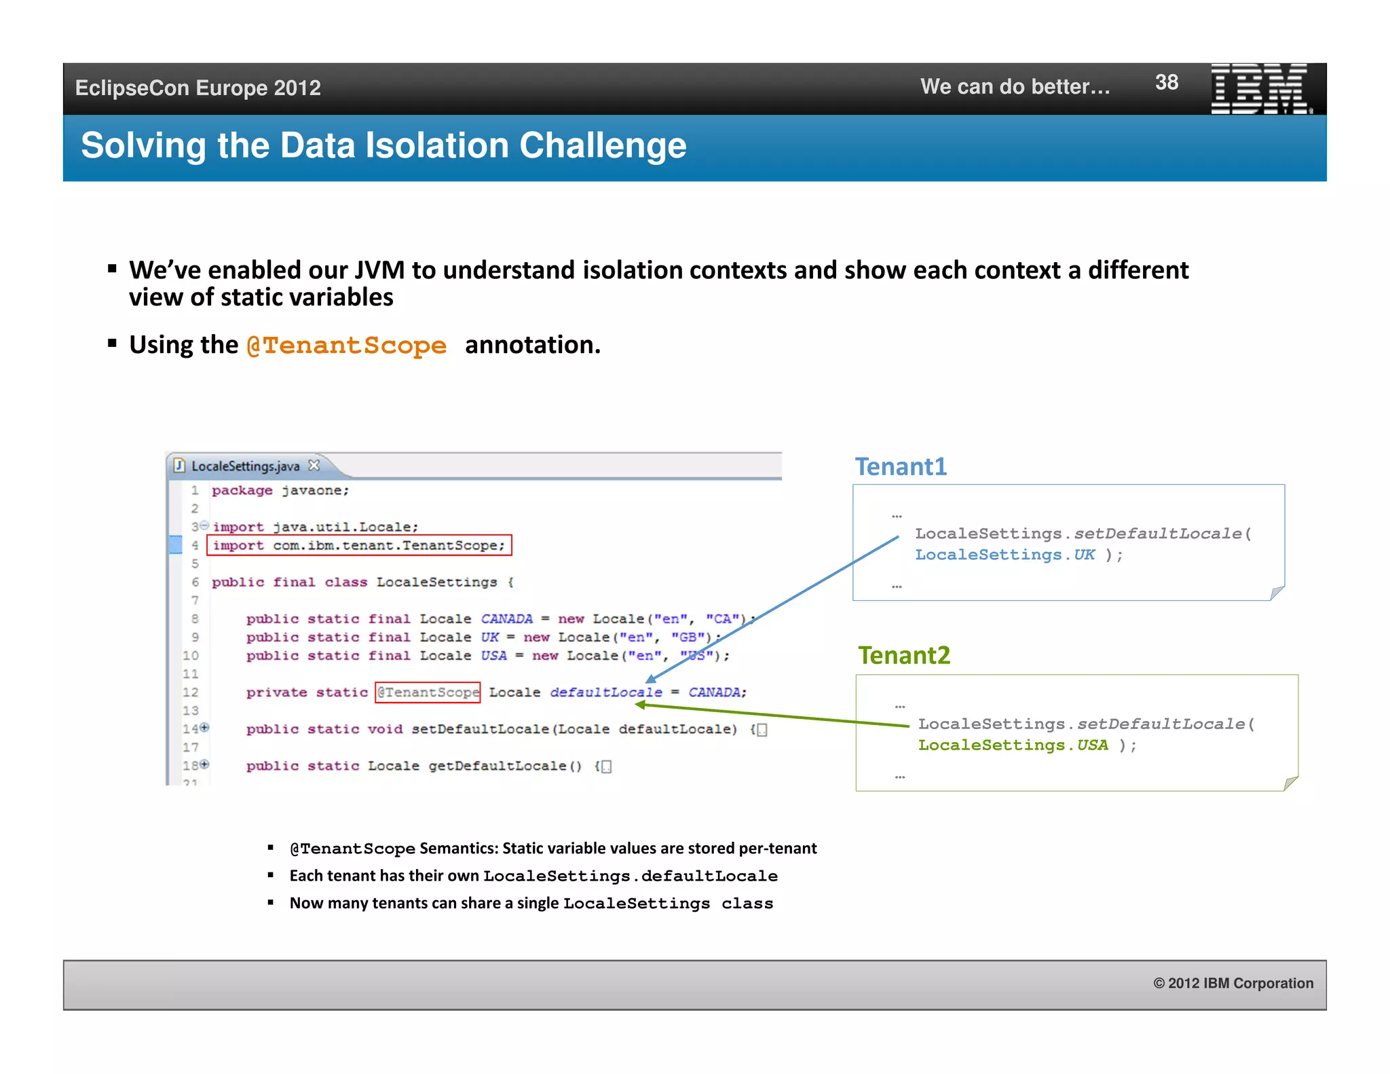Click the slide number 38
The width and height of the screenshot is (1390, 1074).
[1166, 82]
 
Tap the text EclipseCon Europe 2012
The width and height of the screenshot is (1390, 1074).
[198, 88]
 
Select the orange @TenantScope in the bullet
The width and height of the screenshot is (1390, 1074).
[346, 346]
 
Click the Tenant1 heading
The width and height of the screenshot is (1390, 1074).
[900, 466]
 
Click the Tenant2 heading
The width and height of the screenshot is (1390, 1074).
[903, 655]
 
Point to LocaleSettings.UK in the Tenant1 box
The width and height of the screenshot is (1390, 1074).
[1004, 555]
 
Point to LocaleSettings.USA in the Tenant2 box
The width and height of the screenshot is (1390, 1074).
[1013, 745]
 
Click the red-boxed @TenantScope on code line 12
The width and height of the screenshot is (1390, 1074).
[428, 692]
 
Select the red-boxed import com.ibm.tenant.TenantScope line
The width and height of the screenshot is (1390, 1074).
[359, 545]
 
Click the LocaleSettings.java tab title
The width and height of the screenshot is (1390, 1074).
[245, 466]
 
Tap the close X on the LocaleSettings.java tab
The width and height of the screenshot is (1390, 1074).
[314, 465]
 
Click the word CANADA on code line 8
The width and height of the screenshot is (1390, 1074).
[506, 618]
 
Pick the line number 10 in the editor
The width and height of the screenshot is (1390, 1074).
[191, 655]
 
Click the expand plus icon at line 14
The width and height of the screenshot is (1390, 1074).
[204, 728]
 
